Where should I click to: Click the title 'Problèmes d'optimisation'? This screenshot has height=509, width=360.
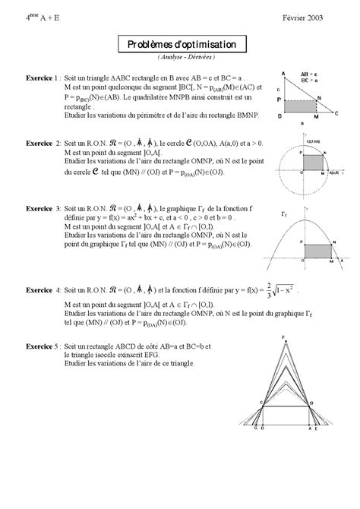pyautogui.click(x=180, y=45)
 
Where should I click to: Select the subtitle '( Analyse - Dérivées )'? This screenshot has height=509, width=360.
pyautogui.click(x=180, y=57)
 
